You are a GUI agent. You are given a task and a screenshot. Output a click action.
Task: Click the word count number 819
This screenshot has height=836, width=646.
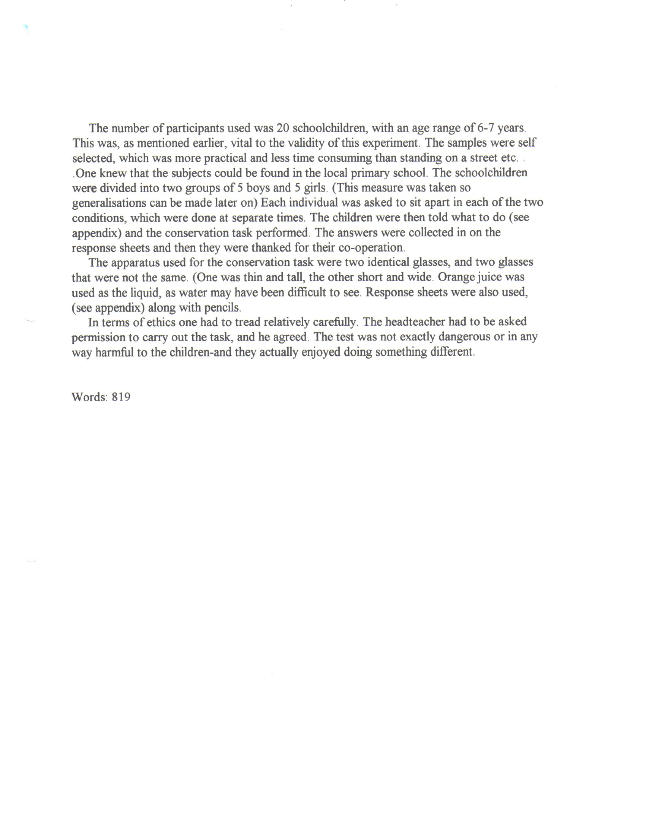(121, 397)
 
